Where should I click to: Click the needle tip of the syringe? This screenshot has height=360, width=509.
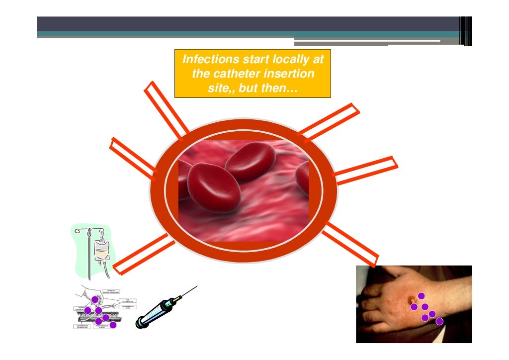196,286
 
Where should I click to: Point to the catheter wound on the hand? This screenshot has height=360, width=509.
412,299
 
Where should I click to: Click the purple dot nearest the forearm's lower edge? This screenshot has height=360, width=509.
439,321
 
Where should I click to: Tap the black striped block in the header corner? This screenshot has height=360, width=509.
466,31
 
